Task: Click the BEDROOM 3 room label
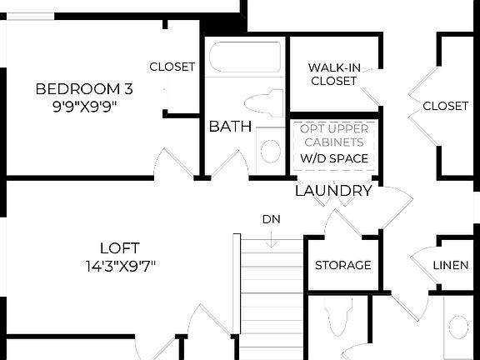pyautogui.click(x=84, y=89)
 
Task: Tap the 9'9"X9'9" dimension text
pyautogui.click(x=84, y=107)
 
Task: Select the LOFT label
pyautogui.click(x=119, y=247)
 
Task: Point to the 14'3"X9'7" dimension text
pyautogui.click(x=119, y=267)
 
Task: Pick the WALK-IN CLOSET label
pyautogui.click(x=332, y=74)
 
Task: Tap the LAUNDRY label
pyautogui.click(x=333, y=191)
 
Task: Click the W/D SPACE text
pyautogui.click(x=333, y=158)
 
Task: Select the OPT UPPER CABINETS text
pyautogui.click(x=333, y=135)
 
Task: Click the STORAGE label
pyautogui.click(x=342, y=265)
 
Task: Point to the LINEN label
pyautogui.click(x=450, y=265)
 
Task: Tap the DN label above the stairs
pyautogui.click(x=271, y=220)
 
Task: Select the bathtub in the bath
pyautogui.click(x=244, y=57)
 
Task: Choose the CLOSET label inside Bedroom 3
pyautogui.click(x=172, y=67)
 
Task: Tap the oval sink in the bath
pyautogui.click(x=271, y=151)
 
